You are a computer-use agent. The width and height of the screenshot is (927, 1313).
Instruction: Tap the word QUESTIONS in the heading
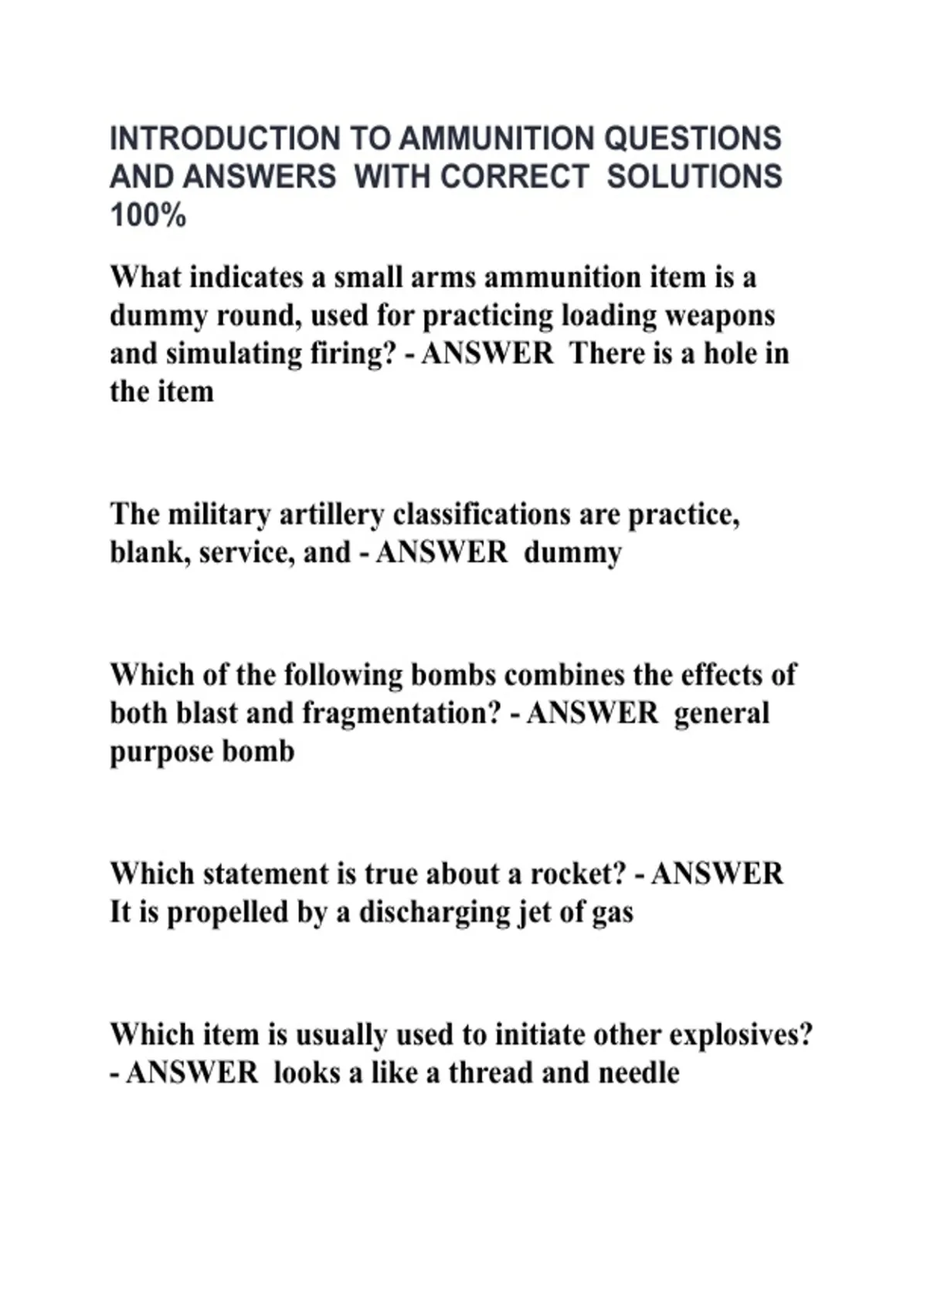pyautogui.click(x=692, y=139)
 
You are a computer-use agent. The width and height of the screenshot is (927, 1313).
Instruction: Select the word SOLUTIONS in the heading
pyautogui.click(x=694, y=177)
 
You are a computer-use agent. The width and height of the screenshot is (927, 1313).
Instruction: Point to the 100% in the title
pyautogui.click(x=148, y=215)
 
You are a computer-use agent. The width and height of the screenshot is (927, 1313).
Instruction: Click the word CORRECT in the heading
pyautogui.click(x=514, y=177)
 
